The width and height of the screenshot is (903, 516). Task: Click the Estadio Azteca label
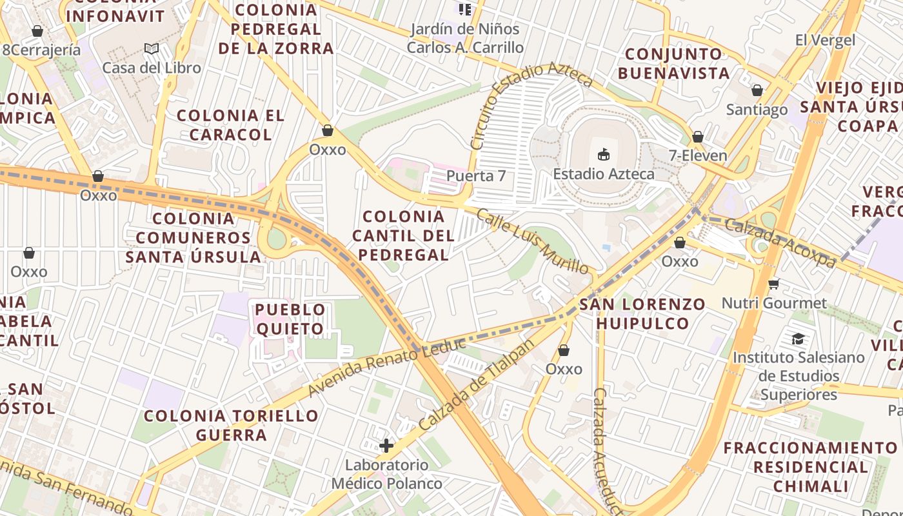(604, 174)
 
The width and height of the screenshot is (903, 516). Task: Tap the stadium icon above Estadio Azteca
(604, 155)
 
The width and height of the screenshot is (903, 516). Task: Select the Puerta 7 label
(476, 175)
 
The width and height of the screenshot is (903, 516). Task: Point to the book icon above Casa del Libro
(152, 49)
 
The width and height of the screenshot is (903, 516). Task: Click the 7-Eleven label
(698, 155)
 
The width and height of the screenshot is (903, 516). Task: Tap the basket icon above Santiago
(757, 91)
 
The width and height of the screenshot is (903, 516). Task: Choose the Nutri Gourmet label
(774, 303)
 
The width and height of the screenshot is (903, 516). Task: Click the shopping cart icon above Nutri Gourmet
(774, 284)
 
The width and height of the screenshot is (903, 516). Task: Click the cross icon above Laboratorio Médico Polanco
(386, 446)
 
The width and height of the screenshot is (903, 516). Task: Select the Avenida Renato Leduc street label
(386, 366)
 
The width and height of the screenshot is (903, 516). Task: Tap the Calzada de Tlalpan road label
(477, 385)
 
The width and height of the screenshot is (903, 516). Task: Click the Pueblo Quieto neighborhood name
(290, 319)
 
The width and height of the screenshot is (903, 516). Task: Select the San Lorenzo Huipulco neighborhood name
(642, 313)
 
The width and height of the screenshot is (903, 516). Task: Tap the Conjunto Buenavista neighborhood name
(674, 63)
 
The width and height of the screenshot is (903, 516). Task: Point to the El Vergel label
(825, 40)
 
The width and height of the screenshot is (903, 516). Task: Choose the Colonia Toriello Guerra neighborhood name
(232, 425)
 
